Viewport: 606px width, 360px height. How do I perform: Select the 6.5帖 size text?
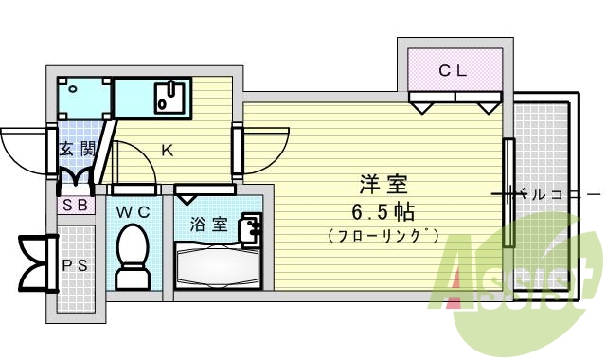(x=383, y=209)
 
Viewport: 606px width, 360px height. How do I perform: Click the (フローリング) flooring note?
(x=383, y=234)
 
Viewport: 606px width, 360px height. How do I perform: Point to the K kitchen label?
(x=167, y=150)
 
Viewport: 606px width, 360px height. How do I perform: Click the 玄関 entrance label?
(x=76, y=149)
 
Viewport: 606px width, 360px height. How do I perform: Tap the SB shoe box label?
(x=76, y=204)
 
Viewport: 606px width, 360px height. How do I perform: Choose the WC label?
(x=134, y=212)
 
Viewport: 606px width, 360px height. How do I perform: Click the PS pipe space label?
(x=75, y=265)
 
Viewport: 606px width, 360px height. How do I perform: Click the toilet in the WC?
(x=133, y=257)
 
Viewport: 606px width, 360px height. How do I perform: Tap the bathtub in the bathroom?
(x=217, y=268)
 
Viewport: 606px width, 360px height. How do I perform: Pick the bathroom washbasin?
(x=251, y=228)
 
